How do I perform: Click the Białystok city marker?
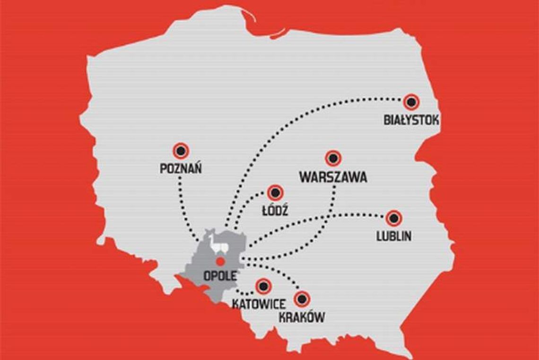pyautogui.click(x=411, y=101)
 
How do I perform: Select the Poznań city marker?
pyautogui.click(x=181, y=151)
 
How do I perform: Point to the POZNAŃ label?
pyautogui.click(x=181, y=168)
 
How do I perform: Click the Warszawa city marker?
pyautogui.click(x=333, y=158)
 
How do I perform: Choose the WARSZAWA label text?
pyautogui.click(x=333, y=177)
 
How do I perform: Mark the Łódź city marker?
pyautogui.click(x=275, y=193)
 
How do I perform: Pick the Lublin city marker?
pyautogui.click(x=393, y=218)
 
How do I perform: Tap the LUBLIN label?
pyautogui.click(x=393, y=236)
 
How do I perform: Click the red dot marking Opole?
pyautogui.click(x=219, y=261)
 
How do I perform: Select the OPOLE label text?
pyautogui.click(x=219, y=274)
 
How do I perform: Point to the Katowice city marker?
pyautogui.click(x=263, y=286)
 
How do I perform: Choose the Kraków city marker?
pyautogui.click(x=302, y=299)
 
